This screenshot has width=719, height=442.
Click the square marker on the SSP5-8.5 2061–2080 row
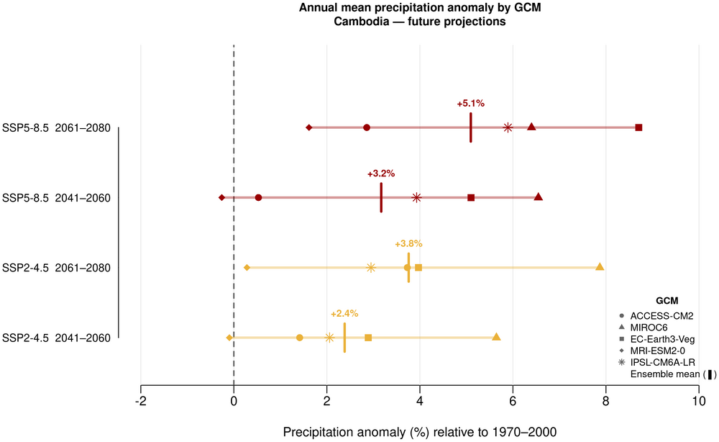[638, 127]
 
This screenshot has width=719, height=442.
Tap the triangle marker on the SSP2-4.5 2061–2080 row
[600, 267]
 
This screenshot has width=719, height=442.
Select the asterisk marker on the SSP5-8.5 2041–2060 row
[416, 197]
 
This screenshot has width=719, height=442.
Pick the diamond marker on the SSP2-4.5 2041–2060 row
[229, 338]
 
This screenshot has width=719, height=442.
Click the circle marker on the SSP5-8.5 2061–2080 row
[367, 127]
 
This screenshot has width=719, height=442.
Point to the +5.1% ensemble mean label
[471, 104]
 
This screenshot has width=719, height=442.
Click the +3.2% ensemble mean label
[381, 173]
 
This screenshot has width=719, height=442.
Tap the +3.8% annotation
[408, 243]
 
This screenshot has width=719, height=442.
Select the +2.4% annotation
[344, 314]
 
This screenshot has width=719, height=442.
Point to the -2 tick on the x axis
[141, 400]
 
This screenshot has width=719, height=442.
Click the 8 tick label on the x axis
[606, 400]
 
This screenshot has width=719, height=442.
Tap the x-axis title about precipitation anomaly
[420, 432]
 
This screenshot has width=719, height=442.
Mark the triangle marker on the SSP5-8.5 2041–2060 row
[538, 197]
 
